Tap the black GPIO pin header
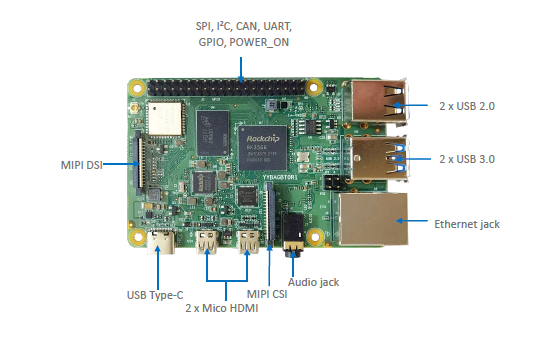[x=240, y=88]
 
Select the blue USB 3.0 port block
[x=380, y=160]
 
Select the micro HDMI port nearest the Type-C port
[x=209, y=242]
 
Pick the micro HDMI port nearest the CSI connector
[x=247, y=242]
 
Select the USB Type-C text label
[x=156, y=294]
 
